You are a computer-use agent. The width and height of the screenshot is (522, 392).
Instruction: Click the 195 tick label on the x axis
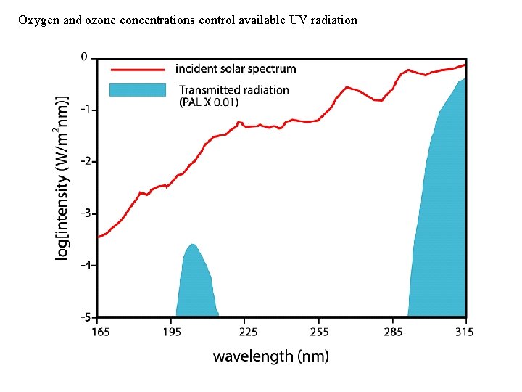pyautogui.click(x=172, y=332)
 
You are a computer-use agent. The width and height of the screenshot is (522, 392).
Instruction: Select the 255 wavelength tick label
pyautogui.click(x=319, y=332)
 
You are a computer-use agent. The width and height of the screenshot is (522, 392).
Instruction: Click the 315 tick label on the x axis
pyautogui.click(x=465, y=332)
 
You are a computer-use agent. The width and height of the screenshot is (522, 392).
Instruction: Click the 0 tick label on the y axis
pyautogui.click(x=84, y=57)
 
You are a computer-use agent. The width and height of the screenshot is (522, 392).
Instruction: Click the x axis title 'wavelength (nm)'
pyautogui.click(x=270, y=356)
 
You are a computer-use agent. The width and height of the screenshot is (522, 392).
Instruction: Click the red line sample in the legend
pyautogui.click(x=137, y=69)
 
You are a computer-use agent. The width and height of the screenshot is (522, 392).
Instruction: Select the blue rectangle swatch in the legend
pyautogui.click(x=137, y=90)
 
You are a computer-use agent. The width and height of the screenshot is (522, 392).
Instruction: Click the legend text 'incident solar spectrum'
pyautogui.click(x=236, y=69)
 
